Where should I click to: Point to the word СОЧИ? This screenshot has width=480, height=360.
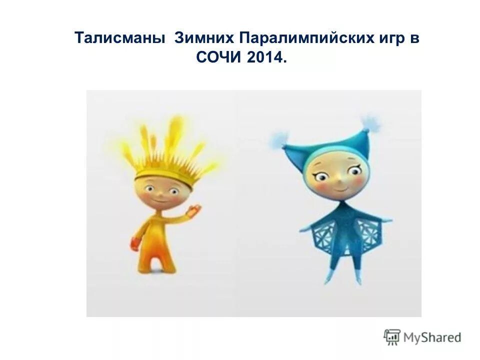(x=219, y=58)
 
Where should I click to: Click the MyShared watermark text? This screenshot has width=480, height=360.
(x=432, y=337)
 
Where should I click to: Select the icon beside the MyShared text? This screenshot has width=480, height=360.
(x=392, y=337)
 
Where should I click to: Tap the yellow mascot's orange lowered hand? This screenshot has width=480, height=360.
(x=136, y=243)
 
